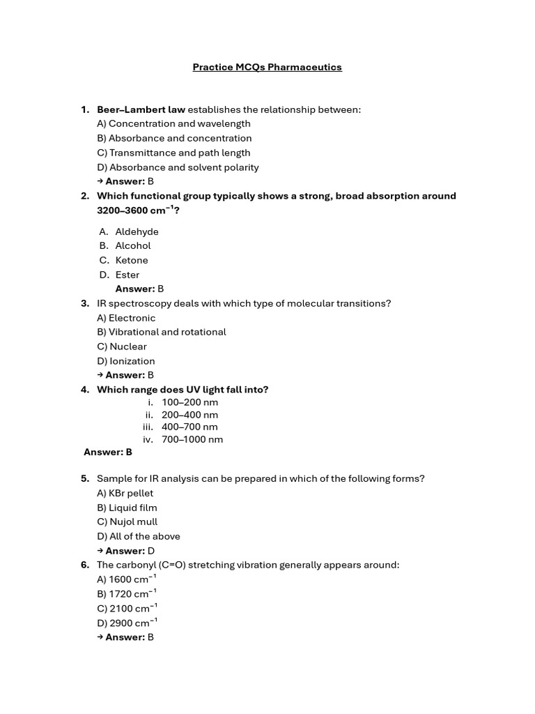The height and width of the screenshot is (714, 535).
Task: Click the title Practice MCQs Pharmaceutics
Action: (267, 68)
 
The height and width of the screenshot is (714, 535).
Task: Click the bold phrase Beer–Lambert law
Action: (141, 109)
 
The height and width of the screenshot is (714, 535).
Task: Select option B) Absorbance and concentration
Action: (174, 138)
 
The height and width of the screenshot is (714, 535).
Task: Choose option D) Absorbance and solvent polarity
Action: (178, 167)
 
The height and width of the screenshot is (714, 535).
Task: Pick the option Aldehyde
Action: (137, 231)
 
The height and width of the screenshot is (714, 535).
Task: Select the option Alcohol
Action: (132, 245)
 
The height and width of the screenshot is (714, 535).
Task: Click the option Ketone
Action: (132, 260)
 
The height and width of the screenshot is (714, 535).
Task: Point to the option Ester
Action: (127, 275)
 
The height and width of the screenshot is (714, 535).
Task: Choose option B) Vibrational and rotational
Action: (162, 332)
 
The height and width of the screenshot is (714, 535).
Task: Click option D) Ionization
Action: (126, 361)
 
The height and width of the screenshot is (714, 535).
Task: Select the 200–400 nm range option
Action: (189, 415)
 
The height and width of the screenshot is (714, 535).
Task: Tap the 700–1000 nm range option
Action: (192, 439)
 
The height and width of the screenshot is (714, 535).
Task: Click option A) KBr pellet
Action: (125, 493)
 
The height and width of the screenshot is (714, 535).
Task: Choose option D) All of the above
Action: (139, 536)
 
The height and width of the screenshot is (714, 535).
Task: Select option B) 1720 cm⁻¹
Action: (127, 594)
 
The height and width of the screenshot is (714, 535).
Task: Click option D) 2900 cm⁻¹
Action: (127, 623)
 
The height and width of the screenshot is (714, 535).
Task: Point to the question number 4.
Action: (85, 390)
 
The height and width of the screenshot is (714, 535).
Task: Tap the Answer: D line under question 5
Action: (130, 551)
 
